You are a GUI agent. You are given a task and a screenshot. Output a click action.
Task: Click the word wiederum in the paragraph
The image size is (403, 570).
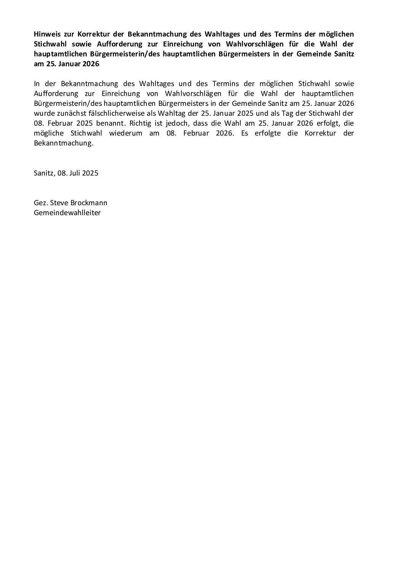pos(126,133)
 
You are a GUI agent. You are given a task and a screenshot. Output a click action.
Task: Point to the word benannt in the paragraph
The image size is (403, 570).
pos(112,123)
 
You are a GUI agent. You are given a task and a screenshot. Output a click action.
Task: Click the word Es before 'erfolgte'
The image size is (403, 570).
pos(246,133)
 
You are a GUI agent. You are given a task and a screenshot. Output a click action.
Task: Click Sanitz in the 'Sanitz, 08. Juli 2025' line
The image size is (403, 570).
pos(44,173)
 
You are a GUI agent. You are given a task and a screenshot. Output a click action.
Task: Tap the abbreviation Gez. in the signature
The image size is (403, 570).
pos(40,203)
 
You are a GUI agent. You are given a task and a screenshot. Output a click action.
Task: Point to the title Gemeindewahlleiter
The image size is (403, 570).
pos(67,212)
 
